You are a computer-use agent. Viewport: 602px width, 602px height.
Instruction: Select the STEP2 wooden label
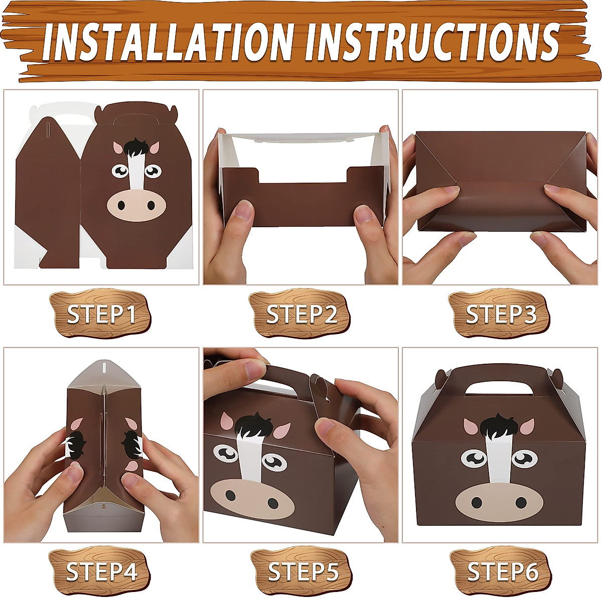[x=301, y=315]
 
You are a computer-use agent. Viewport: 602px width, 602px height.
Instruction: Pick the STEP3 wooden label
[x=501, y=315]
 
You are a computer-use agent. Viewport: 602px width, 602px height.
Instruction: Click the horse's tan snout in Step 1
[x=136, y=205]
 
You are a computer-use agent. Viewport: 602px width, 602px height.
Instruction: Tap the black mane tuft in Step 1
[x=136, y=146]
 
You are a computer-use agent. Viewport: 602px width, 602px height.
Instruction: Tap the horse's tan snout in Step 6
[x=499, y=502]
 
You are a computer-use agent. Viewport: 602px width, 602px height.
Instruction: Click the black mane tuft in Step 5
[x=255, y=426]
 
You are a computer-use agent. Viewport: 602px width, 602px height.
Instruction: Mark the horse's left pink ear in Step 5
[x=227, y=422]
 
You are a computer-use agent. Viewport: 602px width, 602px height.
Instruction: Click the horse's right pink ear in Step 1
[x=154, y=147]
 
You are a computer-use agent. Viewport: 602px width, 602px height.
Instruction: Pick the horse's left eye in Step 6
[x=474, y=457]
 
